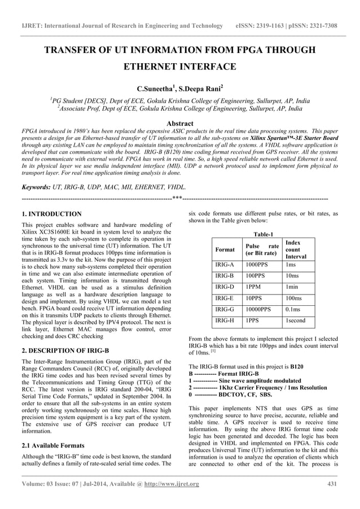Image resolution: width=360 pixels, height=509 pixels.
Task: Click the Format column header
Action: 225,249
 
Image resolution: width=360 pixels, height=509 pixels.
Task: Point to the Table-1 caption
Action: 264,234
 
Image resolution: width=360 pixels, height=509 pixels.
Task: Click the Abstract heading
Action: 180,124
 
